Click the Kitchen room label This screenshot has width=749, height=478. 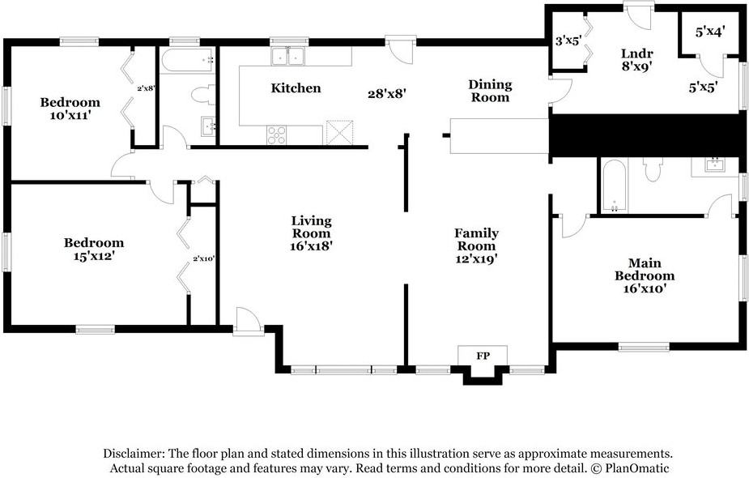pos(296,88)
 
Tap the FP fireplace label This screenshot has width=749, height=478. pos(483,356)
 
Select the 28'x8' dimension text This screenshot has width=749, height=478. pos(387,94)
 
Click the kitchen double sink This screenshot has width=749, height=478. pos(288,57)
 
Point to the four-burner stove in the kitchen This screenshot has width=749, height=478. pos(277,134)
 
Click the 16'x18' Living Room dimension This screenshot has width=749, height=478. pos(312,246)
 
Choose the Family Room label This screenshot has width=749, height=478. pos(476,240)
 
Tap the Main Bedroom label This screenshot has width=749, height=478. pos(645,270)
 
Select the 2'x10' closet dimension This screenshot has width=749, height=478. pos(204,258)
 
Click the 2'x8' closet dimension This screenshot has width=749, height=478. pos(147,88)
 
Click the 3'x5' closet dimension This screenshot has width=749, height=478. pos(568,41)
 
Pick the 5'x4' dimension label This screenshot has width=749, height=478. pos(710,32)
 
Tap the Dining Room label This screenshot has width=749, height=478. pos(490,91)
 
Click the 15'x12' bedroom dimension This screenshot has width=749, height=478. pos(94,256)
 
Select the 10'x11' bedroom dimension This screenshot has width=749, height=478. pos(70,115)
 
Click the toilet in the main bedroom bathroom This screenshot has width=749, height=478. pos(653,169)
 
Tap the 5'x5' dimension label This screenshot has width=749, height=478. pos(703,87)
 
